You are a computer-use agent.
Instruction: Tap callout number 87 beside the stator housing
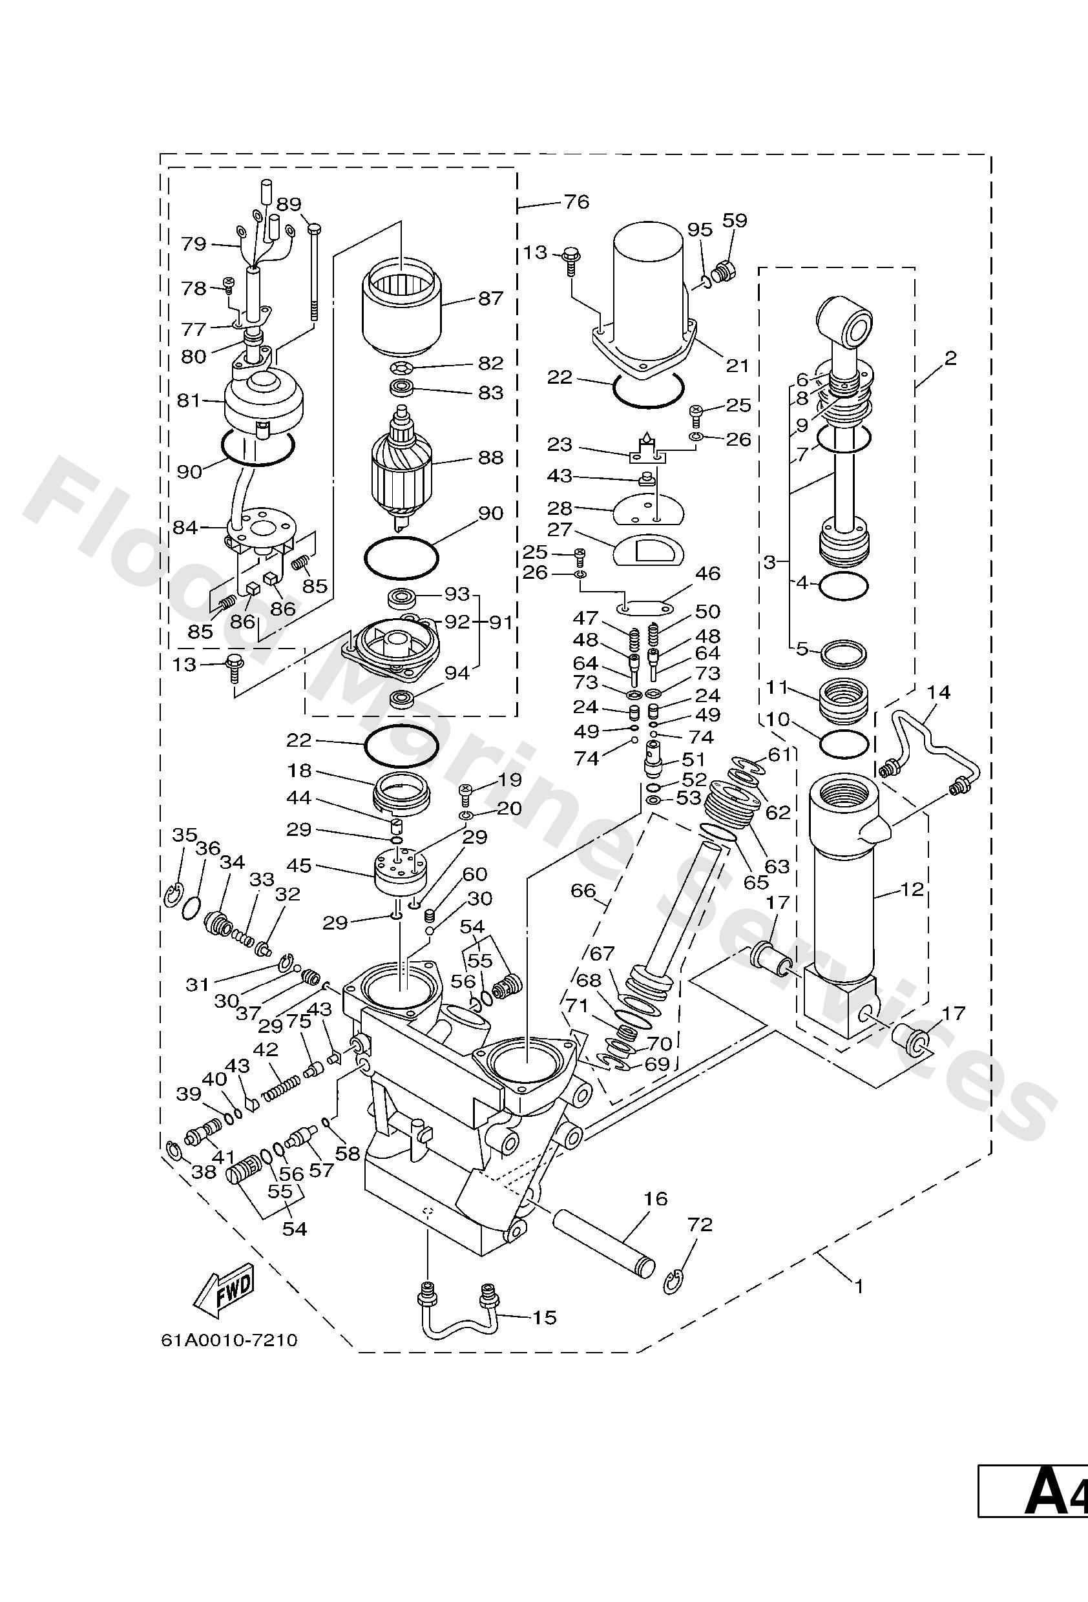[490, 298]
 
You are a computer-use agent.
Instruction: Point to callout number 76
[576, 202]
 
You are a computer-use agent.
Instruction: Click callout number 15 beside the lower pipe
[544, 1317]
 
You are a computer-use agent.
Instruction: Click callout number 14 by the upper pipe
[938, 692]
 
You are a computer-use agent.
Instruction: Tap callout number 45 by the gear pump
[298, 865]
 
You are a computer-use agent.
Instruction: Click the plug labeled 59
[727, 271]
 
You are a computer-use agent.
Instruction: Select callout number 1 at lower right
[859, 1285]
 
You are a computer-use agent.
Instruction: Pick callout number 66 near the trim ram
[583, 891]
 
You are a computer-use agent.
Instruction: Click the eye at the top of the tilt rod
[855, 320]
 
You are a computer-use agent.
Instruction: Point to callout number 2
[951, 358]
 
